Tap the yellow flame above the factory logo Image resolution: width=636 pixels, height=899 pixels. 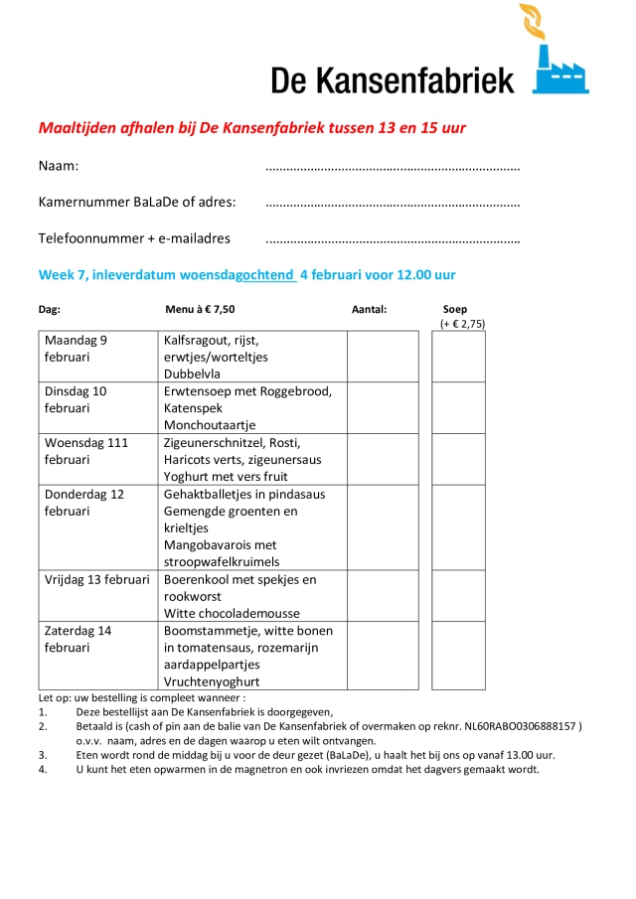click(x=533, y=26)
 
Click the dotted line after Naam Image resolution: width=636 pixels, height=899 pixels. click(x=393, y=167)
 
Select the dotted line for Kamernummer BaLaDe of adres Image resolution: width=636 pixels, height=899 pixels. click(x=393, y=204)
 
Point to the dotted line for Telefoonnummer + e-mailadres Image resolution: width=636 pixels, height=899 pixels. click(x=393, y=240)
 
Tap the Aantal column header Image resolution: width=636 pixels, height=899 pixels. click(x=369, y=309)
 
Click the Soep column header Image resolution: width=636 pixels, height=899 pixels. click(x=455, y=309)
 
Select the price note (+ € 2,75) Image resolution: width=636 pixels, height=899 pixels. click(x=462, y=324)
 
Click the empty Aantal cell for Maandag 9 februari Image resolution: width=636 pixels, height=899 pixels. click(x=383, y=357)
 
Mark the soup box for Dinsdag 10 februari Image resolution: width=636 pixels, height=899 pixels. click(x=458, y=407)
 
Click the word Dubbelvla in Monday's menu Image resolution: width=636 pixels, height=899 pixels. click(x=192, y=374)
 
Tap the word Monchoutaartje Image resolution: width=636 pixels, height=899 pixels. click(x=210, y=425)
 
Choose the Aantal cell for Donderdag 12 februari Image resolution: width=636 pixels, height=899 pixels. click(x=383, y=527)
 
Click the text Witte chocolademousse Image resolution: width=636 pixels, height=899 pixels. click(x=232, y=613)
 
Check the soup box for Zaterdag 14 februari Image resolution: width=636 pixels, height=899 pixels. click(x=458, y=656)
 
